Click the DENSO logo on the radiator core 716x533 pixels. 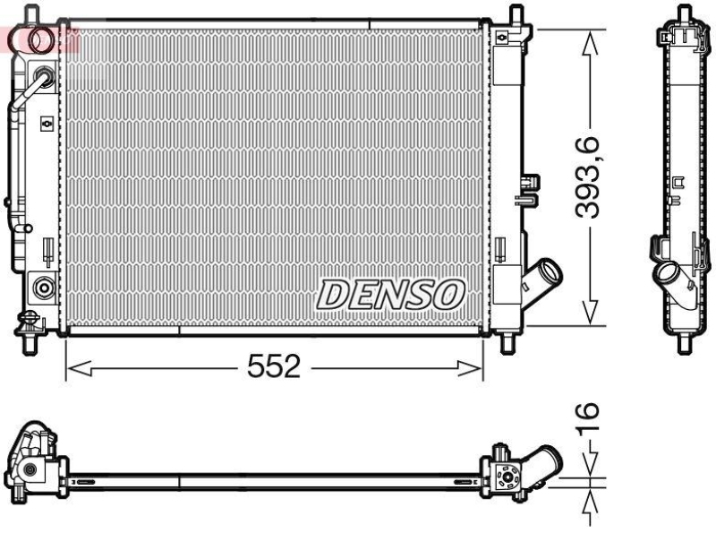pyautogui.click(x=391, y=293)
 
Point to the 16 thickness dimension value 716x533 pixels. pyautogui.click(x=586, y=417)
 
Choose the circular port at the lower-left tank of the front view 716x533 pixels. pyautogui.click(x=41, y=288)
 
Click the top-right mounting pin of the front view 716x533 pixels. pyautogui.click(x=516, y=15)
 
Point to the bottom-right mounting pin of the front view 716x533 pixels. pyautogui.click(x=507, y=343)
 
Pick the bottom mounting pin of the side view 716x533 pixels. pyautogui.click(x=685, y=344)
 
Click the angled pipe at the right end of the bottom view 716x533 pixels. pyautogui.click(x=545, y=465)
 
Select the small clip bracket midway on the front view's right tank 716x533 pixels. pyautogui.click(x=530, y=183)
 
